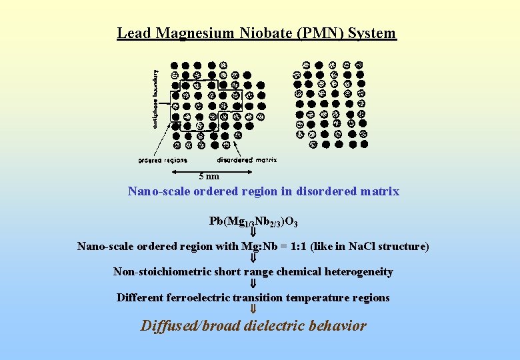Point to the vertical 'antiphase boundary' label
(x=156, y=99)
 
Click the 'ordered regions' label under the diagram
(x=163, y=160)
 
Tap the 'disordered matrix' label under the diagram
(x=247, y=160)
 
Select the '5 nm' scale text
(x=209, y=176)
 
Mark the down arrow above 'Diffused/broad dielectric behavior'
(x=253, y=309)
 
